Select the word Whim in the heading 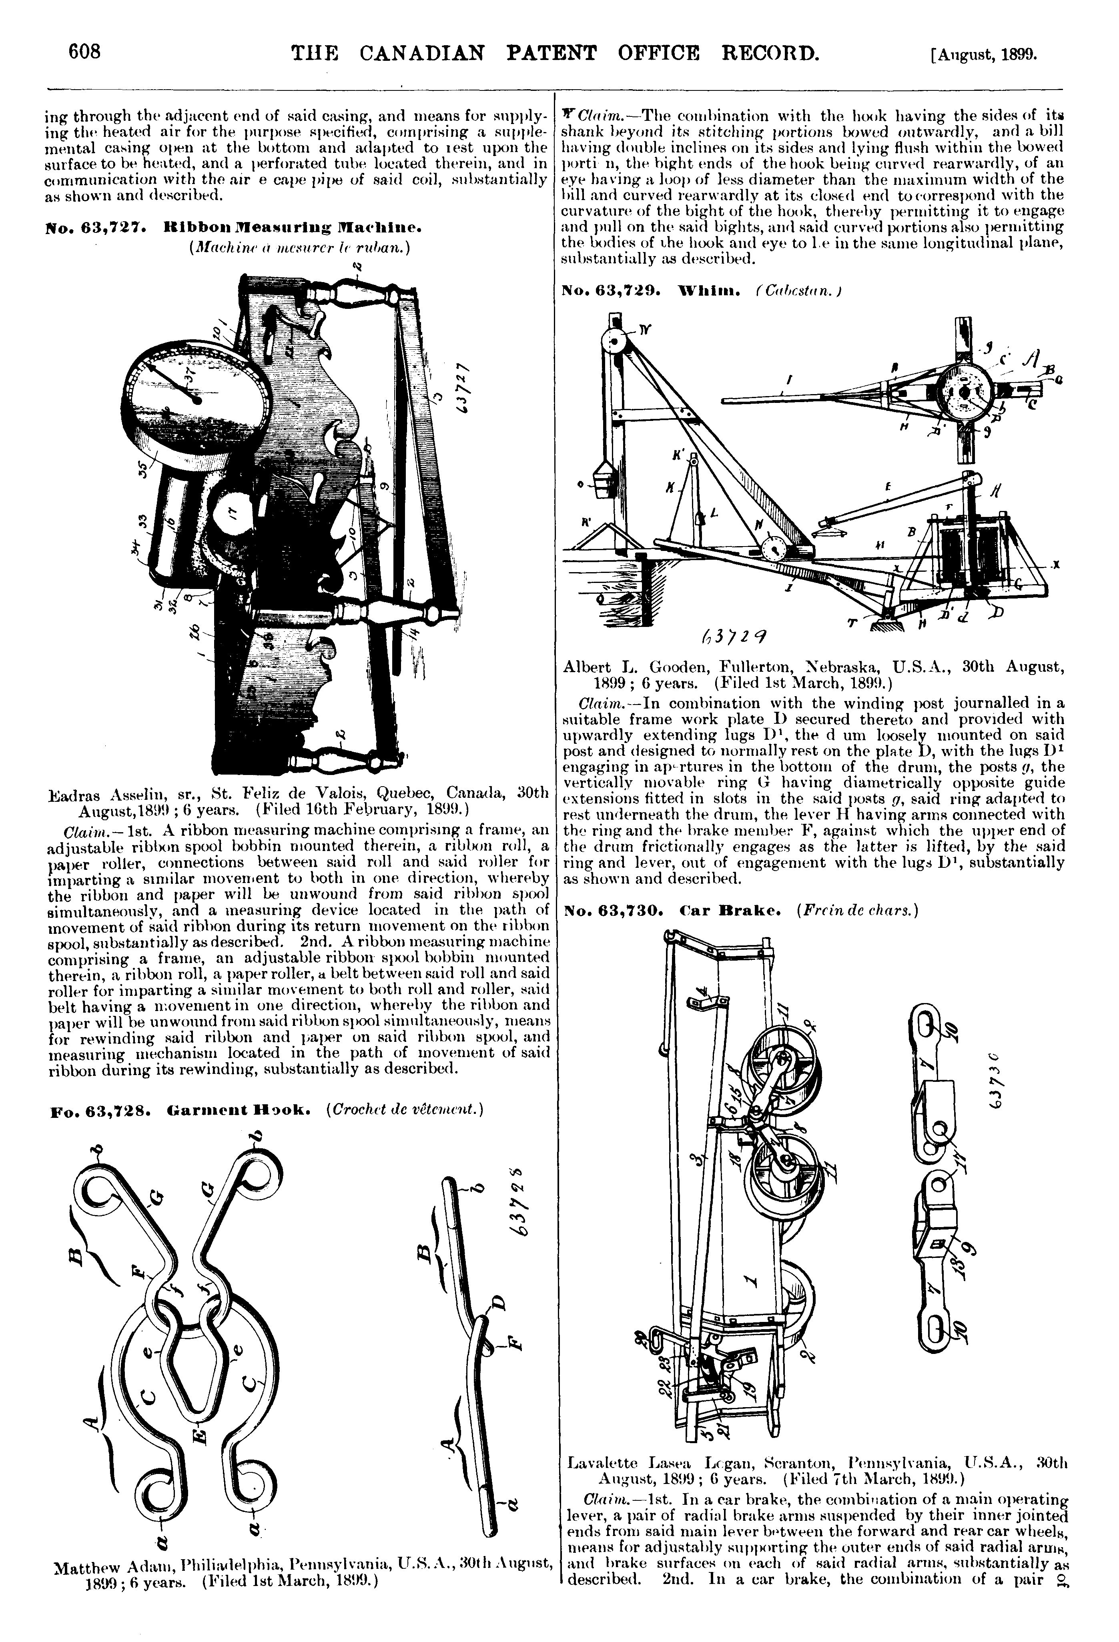click(703, 290)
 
